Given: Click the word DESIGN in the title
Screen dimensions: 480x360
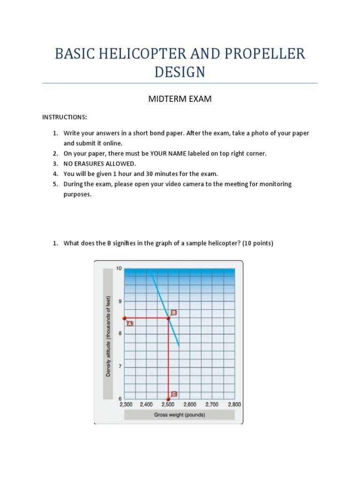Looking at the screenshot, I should (180, 72).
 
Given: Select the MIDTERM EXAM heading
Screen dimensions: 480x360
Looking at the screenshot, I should (180, 99).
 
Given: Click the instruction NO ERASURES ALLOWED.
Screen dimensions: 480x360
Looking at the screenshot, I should (100, 164).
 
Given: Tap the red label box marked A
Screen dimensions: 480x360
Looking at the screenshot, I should (130, 323).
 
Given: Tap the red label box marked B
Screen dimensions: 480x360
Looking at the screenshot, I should (174, 312).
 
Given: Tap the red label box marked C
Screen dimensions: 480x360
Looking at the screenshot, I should (174, 394).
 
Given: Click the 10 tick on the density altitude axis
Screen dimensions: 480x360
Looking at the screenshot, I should (119, 269).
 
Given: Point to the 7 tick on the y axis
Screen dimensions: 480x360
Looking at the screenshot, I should (120, 366).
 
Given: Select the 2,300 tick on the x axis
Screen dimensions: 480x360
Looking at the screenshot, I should (126, 404).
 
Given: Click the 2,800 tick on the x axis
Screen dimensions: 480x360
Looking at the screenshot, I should (234, 404).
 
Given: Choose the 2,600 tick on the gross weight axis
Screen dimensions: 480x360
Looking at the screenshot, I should (190, 404).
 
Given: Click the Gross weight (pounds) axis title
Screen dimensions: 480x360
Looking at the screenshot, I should (180, 415).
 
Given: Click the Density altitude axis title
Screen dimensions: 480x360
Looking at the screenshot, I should (108, 336).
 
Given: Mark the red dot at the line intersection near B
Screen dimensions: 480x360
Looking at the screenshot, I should (168, 318).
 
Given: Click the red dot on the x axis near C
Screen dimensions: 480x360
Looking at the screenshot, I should (168, 399).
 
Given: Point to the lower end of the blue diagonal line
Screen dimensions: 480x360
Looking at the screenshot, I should (179, 345).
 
